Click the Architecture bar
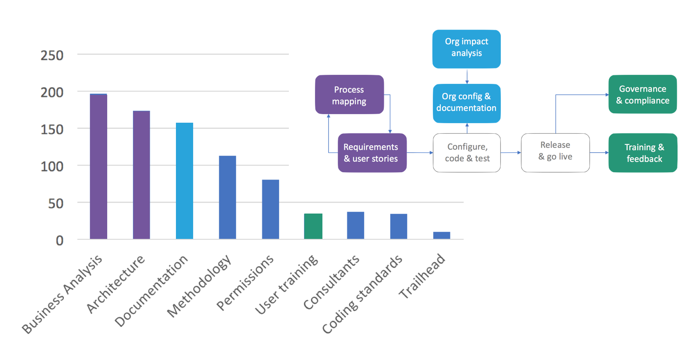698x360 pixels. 141,175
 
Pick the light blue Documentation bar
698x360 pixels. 184,180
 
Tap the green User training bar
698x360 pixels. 313,226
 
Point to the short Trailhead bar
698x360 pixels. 441,235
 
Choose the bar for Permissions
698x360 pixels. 270,209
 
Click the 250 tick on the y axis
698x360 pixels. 52,56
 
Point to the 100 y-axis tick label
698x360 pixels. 52,166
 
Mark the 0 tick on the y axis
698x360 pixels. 60,241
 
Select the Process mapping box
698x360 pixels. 349,95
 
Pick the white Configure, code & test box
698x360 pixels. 467,153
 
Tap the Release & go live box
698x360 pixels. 555,153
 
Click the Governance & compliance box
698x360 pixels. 642,94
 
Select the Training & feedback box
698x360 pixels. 643,153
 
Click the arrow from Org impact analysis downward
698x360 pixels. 467,76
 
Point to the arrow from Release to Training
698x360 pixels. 599,153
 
